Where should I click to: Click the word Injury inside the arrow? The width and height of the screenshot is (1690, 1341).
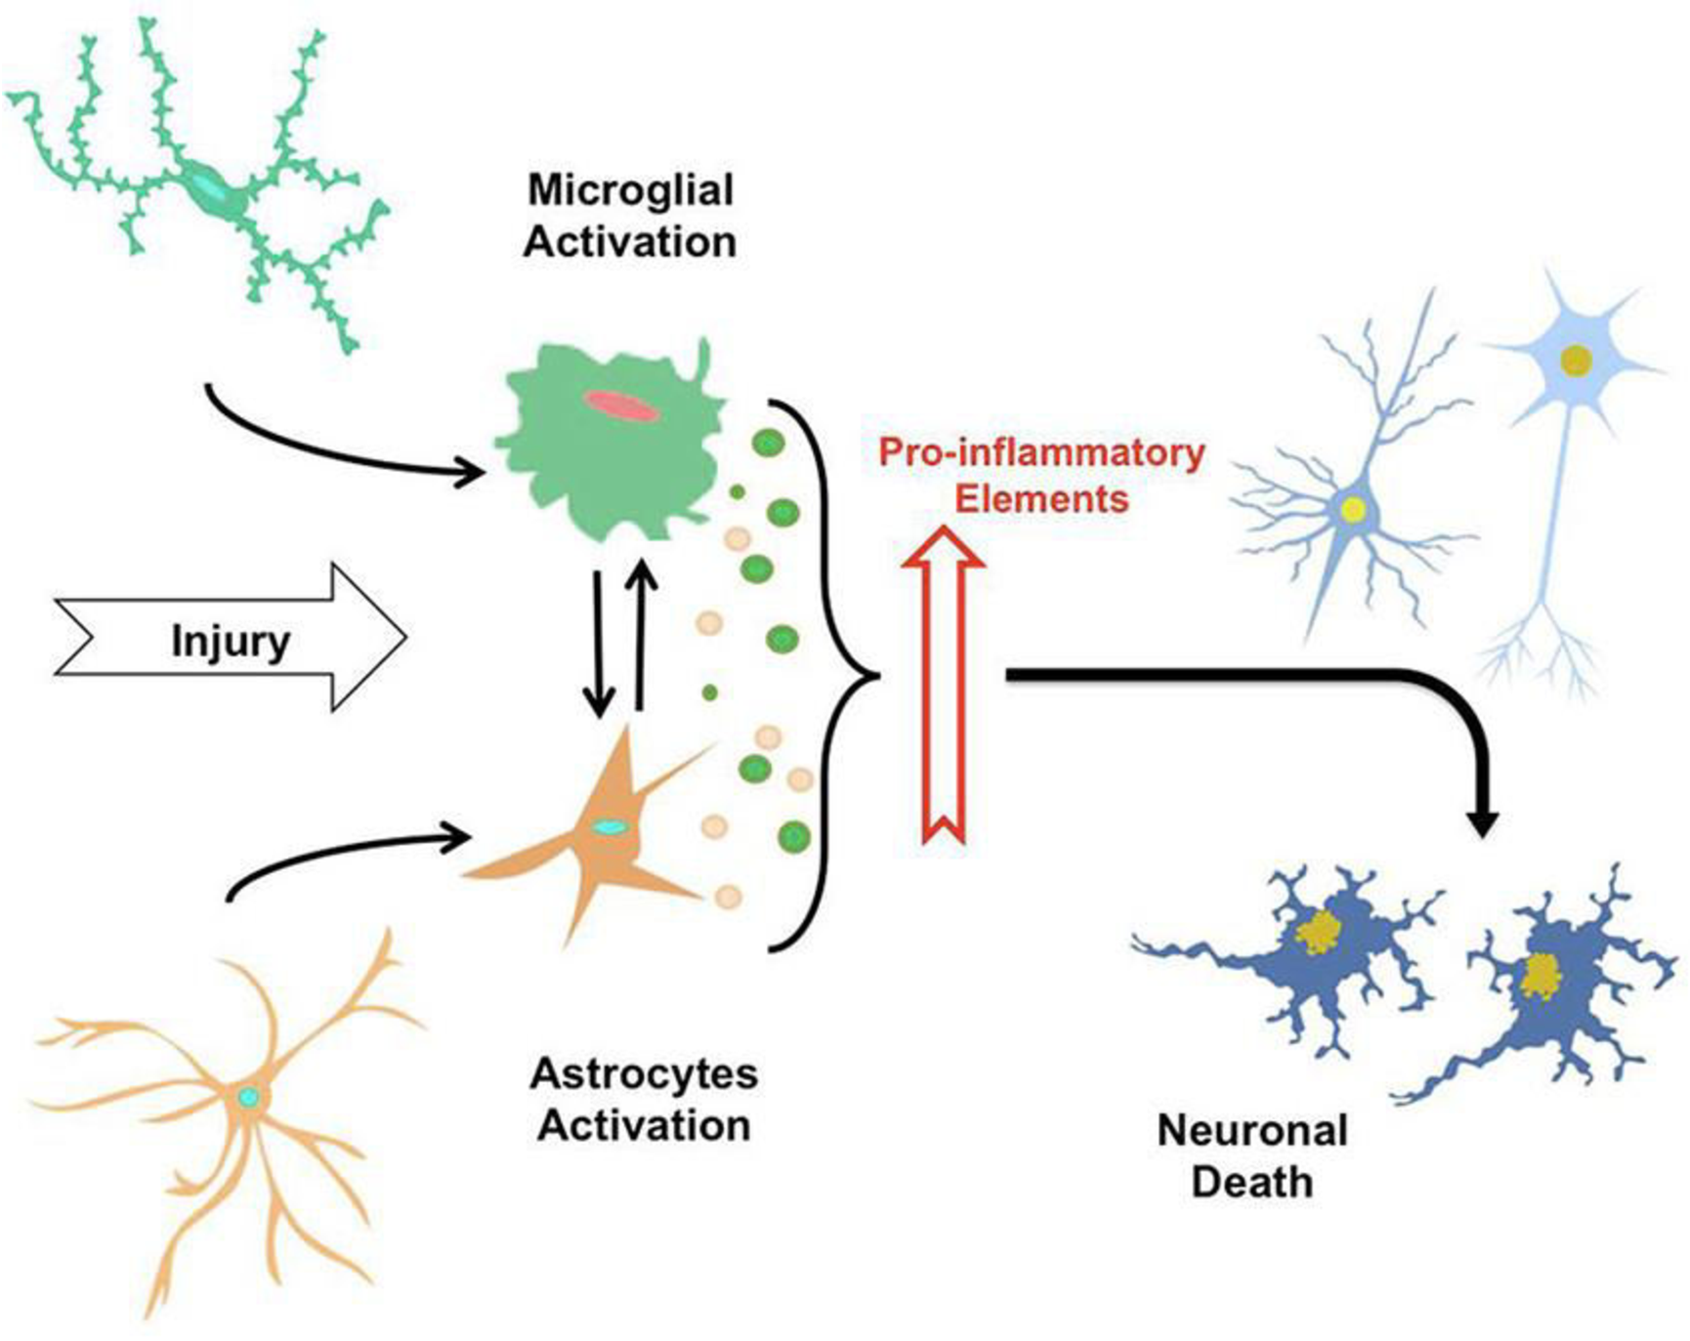tap(231, 642)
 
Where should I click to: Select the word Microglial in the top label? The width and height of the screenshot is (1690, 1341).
tap(630, 189)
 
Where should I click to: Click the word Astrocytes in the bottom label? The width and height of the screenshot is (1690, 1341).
tap(644, 1074)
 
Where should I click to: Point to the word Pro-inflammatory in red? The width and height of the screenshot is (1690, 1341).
tap(1041, 453)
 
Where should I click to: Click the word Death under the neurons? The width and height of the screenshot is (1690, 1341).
tap(1251, 1183)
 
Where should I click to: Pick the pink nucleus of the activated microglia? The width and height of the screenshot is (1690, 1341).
tap(621, 404)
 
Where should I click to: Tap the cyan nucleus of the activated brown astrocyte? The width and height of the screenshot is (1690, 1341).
tap(611, 827)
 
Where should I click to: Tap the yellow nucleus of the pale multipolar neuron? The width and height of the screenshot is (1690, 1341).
tap(1575, 360)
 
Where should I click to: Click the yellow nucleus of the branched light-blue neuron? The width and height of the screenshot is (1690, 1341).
tap(1353, 508)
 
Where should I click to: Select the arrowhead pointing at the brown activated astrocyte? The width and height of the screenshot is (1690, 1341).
tap(460, 837)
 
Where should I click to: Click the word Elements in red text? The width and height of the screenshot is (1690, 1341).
tap(1041, 499)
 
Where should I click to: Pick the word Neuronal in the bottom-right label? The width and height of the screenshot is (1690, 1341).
tap(1252, 1131)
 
